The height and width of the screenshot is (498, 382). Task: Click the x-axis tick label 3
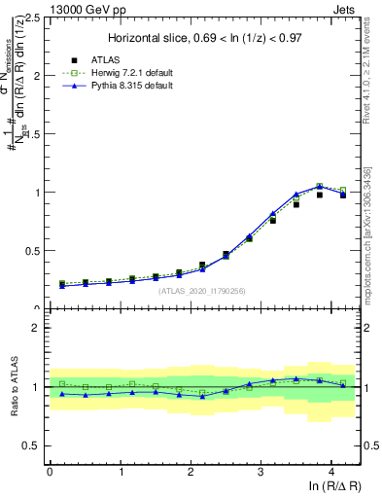pyautogui.click(x=260, y=471)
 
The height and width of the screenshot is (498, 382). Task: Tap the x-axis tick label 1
pyautogui.click(x=120, y=471)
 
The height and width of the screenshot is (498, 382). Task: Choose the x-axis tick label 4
pyautogui.click(x=331, y=471)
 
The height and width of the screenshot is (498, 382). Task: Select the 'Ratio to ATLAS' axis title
pyautogui.click(x=13, y=387)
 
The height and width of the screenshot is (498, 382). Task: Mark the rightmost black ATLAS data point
pyautogui.click(x=342, y=196)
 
